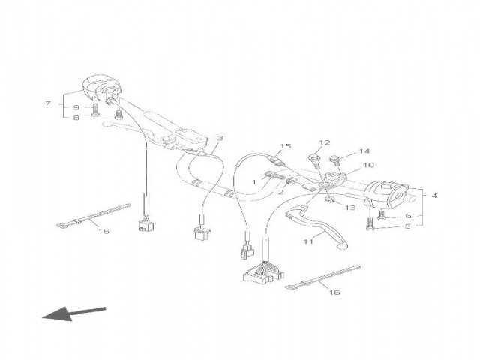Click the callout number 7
click(x=47, y=103)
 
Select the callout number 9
click(x=76, y=107)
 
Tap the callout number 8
click(x=76, y=118)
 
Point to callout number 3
click(x=220, y=138)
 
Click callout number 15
click(x=285, y=146)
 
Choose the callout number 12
click(x=325, y=142)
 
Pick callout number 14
click(x=364, y=151)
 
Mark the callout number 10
click(x=368, y=165)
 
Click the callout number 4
click(x=434, y=196)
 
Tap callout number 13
click(x=351, y=208)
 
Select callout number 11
click(x=308, y=241)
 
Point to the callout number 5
click(x=408, y=226)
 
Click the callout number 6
click(x=408, y=216)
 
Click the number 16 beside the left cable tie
click(x=103, y=231)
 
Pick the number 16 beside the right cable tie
click(x=334, y=292)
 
